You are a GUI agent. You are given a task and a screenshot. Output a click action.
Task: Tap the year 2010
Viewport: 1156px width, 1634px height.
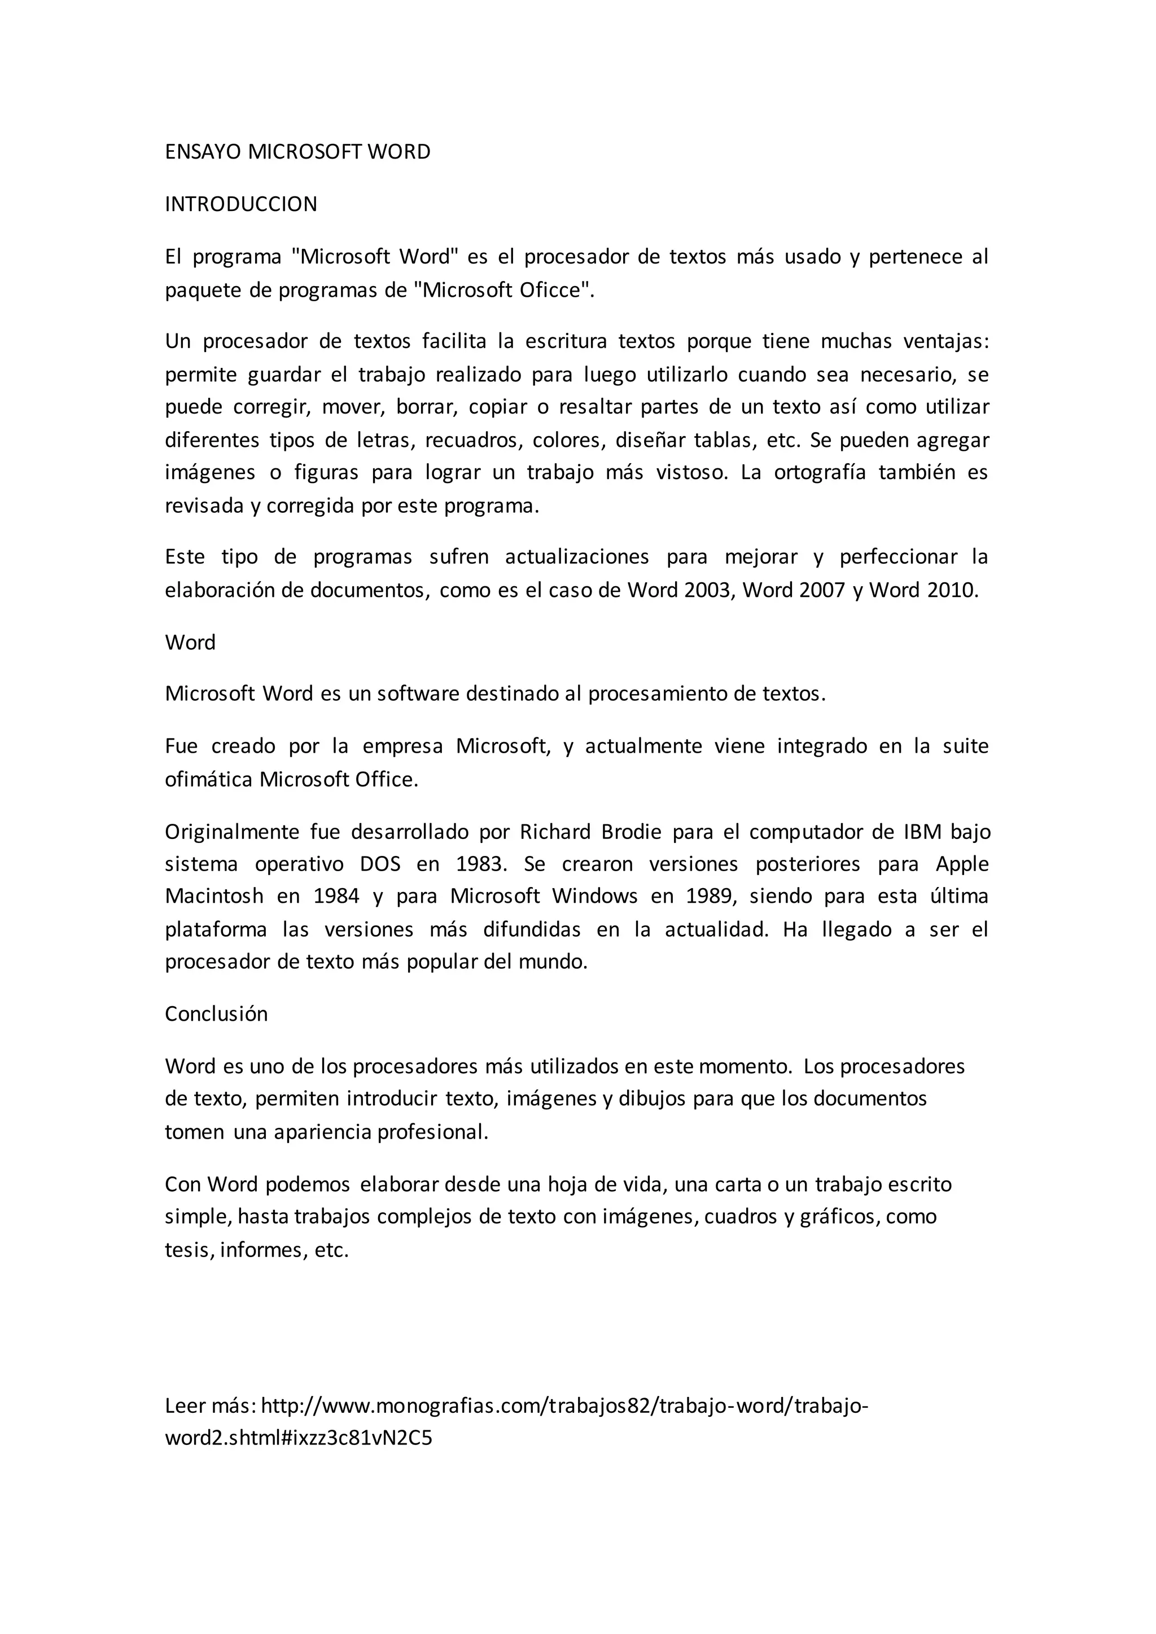951,590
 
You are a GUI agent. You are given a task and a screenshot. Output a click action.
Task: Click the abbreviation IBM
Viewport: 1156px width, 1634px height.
922,832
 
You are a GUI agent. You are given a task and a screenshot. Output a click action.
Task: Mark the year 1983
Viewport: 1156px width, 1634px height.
480,864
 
